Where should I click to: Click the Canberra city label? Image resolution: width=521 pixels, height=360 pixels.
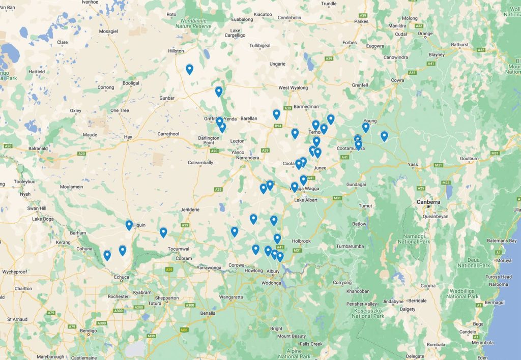click(428, 202)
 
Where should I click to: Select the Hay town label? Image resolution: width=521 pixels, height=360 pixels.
click(128, 137)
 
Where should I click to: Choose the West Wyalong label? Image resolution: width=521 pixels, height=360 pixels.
click(293, 88)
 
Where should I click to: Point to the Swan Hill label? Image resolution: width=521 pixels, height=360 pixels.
click(37, 208)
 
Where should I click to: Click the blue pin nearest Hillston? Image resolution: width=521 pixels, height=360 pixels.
click(189, 69)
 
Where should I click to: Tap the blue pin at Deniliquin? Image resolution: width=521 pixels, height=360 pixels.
click(129, 225)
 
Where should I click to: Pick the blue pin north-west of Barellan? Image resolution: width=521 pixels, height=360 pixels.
click(219, 92)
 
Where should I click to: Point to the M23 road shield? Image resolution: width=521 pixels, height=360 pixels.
click(447, 182)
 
